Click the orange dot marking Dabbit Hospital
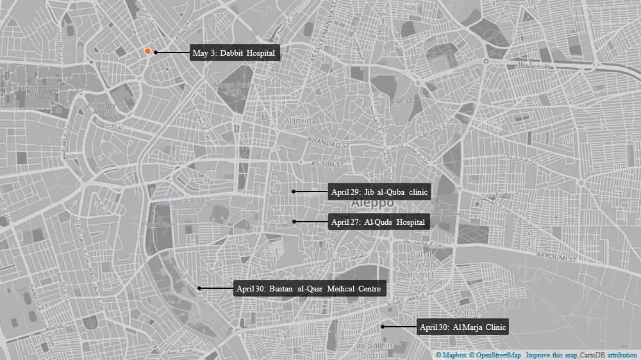[147, 51]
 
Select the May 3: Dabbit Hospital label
[234, 53]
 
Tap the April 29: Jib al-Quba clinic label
[379, 192]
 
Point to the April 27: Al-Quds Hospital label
[378, 222]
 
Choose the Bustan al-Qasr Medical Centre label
[310, 289]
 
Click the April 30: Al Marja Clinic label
[463, 327]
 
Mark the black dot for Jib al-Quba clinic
[294, 192]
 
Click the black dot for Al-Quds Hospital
[294, 222]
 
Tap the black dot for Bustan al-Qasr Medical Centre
[199, 288]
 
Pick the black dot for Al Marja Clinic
[383, 327]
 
